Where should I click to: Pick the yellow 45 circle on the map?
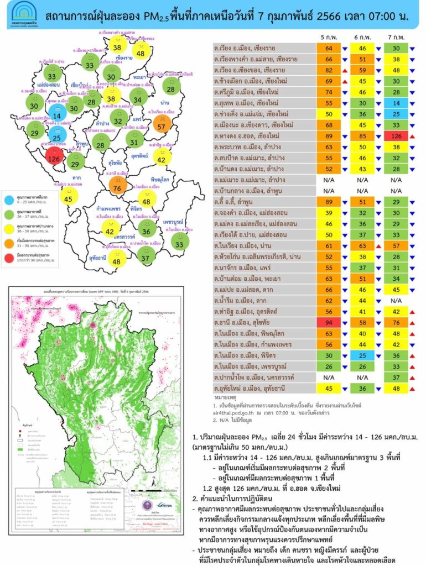[69, 196]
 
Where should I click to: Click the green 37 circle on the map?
[146, 254]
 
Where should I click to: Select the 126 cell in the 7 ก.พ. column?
[396, 136]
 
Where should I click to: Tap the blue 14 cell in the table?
[396, 103]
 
